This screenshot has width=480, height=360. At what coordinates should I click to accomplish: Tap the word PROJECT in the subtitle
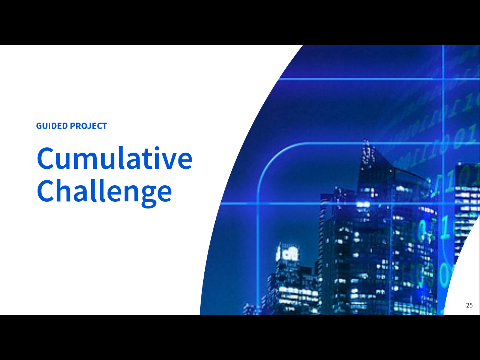point(88,126)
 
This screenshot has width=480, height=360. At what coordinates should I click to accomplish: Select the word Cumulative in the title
point(115,158)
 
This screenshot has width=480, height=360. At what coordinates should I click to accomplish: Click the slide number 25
point(469,305)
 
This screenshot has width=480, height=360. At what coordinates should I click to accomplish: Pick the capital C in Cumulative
point(45,159)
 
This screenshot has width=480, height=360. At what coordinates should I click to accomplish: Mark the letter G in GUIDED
point(39,126)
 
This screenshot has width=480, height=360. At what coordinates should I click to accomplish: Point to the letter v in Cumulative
point(167,161)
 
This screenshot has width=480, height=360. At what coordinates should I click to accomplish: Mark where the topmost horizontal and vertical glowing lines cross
point(443,78)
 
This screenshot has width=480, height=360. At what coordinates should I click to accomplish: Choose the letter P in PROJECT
point(73,126)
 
